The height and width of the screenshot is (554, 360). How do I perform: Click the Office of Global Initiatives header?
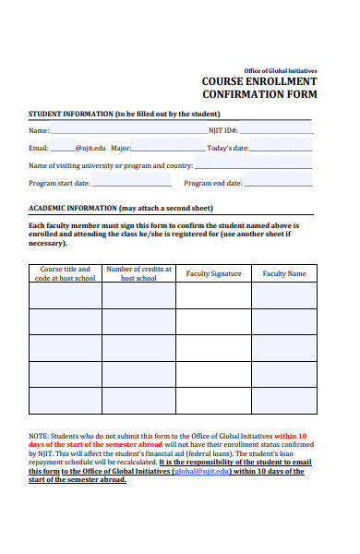(280, 70)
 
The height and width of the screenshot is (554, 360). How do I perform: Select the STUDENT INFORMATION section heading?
(124, 114)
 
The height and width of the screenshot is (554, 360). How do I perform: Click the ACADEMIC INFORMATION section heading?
(121, 208)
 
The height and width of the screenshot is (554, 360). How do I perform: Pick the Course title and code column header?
(65, 273)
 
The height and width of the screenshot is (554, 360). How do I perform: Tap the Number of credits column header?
(138, 273)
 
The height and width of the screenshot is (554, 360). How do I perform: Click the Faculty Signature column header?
(213, 273)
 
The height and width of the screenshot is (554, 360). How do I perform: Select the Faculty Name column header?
(283, 273)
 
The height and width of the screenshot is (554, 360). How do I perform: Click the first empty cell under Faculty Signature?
(213, 295)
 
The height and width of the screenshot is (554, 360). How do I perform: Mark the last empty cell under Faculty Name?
(283, 401)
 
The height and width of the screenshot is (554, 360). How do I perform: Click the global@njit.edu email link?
(201, 470)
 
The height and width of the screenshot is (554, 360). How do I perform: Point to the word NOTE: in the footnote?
(39, 436)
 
